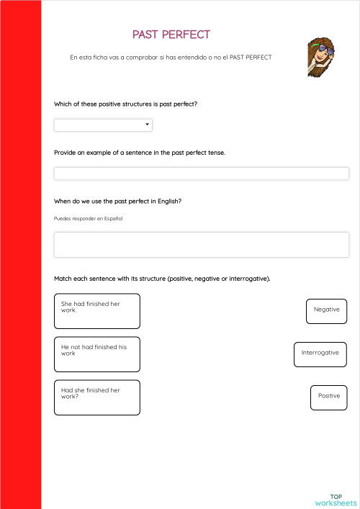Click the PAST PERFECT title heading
click(x=171, y=35)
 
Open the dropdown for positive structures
click(x=102, y=125)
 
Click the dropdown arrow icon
click(x=148, y=125)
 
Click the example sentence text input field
click(x=201, y=174)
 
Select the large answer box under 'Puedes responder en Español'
click(x=201, y=245)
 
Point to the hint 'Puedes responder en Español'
click(x=88, y=218)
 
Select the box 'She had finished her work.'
click(x=96, y=311)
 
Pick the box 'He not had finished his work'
click(x=96, y=354)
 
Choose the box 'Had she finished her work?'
click(x=96, y=397)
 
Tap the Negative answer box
click(x=327, y=310)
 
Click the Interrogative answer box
click(x=320, y=353)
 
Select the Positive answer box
click(x=329, y=397)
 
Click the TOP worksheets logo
click(x=336, y=499)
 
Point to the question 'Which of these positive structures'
click(x=125, y=104)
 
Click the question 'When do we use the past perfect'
click(x=117, y=201)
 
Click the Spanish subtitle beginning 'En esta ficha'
click(x=171, y=57)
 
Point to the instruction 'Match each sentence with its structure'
click(x=162, y=278)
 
